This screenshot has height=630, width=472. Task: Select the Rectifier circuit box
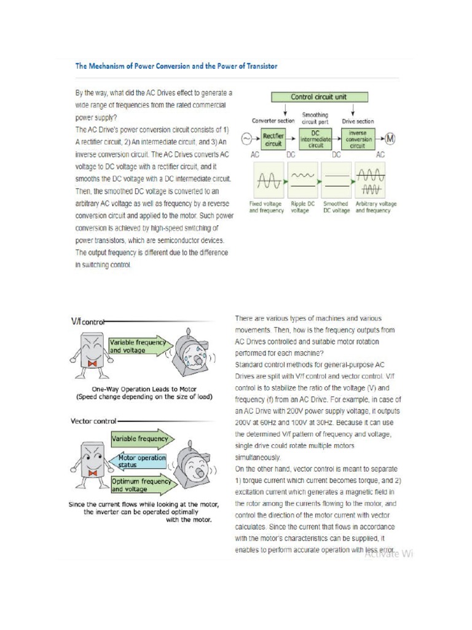click(x=273, y=140)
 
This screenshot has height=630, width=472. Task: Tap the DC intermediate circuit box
click(x=315, y=140)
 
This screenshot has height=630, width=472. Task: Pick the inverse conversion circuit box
click(x=358, y=140)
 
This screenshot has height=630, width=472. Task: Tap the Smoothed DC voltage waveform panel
click(x=335, y=181)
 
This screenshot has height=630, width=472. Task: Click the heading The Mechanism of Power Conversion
click(x=176, y=66)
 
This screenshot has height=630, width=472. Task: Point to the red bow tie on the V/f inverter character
click(x=93, y=364)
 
